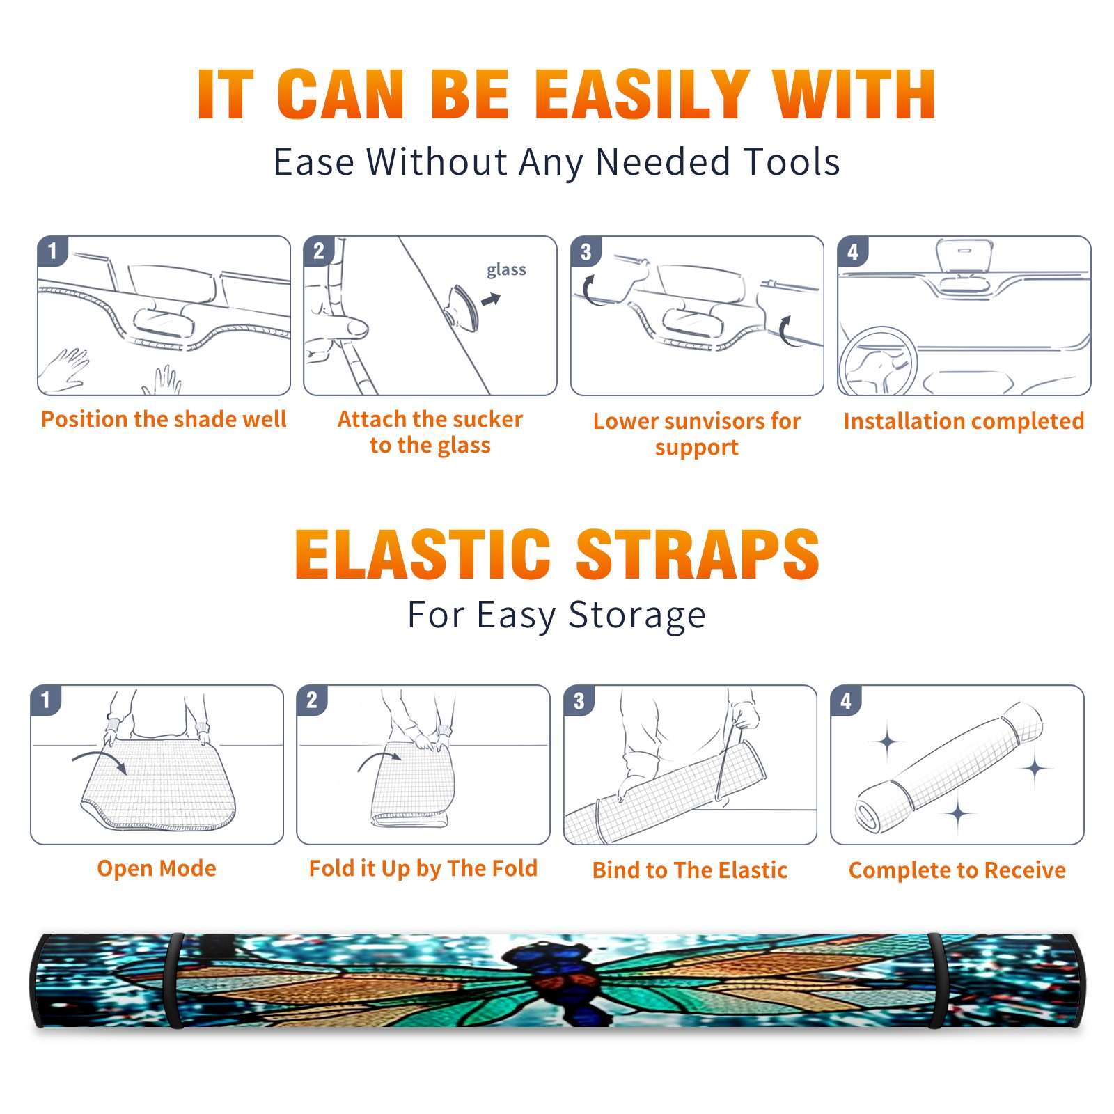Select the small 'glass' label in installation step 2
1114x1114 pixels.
506,270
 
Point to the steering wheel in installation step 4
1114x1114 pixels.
878,361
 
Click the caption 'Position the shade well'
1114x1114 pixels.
164,419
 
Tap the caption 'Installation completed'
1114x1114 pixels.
964,421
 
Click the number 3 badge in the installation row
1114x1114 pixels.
586,251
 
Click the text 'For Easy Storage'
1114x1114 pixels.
556,615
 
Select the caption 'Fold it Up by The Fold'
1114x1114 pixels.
423,868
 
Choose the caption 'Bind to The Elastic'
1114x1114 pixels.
690,870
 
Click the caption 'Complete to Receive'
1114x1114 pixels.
957,870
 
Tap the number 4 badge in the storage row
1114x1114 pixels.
846,700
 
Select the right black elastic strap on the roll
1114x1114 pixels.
937,980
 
